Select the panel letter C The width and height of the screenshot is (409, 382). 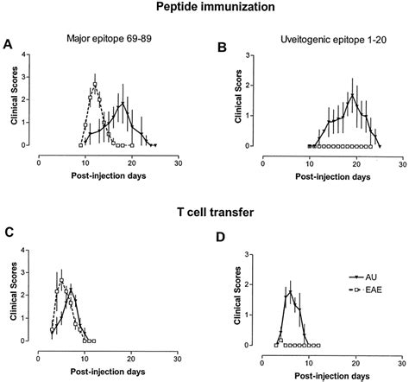tap(8, 232)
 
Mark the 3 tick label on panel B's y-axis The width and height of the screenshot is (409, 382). tap(249, 55)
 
